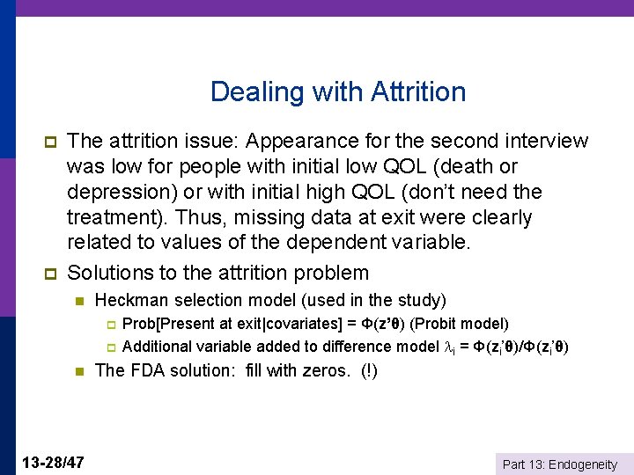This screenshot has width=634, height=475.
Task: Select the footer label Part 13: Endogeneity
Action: (x=559, y=464)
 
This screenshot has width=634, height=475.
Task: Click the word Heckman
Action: (x=129, y=301)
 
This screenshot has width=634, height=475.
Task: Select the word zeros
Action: (x=328, y=370)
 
